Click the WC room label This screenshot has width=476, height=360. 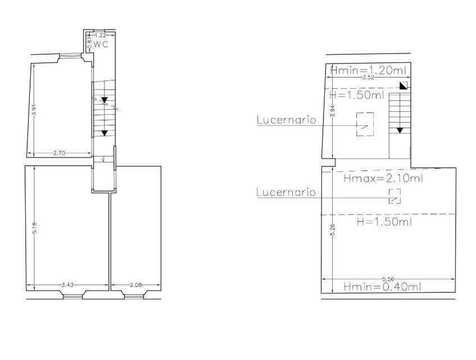101,44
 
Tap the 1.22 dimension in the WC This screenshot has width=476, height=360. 101,35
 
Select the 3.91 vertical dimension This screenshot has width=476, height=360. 34,110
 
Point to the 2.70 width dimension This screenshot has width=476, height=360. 59,153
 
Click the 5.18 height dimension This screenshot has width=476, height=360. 35,228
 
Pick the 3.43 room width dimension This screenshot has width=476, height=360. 67,285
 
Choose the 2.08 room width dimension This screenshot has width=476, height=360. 135,285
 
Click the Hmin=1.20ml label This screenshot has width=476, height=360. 368,71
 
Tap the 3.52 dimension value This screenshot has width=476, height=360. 368,78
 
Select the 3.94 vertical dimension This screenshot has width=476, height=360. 333,111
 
